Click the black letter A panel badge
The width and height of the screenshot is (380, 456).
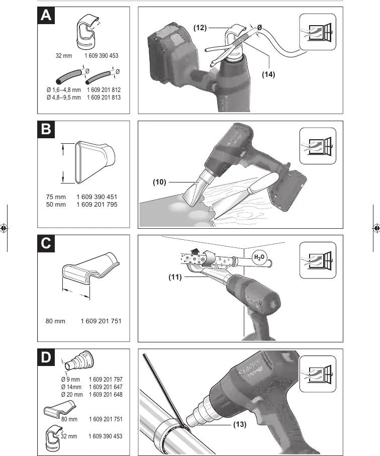pos(46,15)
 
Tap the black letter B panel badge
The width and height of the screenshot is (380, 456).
pos(46,129)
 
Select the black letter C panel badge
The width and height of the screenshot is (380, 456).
pos(46,243)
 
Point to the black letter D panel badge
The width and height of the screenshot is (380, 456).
pos(46,357)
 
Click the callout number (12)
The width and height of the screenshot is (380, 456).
pos(200,28)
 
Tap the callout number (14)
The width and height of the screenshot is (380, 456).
pos(268,74)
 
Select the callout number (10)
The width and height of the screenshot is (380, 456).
pos(159,182)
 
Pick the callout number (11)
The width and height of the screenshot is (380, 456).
pos(175,277)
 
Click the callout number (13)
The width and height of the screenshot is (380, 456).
pos(240,424)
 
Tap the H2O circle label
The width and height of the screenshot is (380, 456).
pos(259,257)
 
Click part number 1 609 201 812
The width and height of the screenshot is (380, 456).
pos(104,90)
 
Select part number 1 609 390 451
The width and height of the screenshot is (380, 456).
pos(97,197)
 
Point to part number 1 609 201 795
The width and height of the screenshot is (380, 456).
pos(97,205)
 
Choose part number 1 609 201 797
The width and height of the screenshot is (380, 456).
pos(106,380)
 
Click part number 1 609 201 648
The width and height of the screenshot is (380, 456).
pos(106,395)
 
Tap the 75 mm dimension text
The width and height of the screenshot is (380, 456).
pos(56,197)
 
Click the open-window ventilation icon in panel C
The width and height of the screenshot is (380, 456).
pos(318,260)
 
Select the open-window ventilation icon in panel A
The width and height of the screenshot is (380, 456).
pos(318,32)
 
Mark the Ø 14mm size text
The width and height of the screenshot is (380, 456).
pos(71,387)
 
